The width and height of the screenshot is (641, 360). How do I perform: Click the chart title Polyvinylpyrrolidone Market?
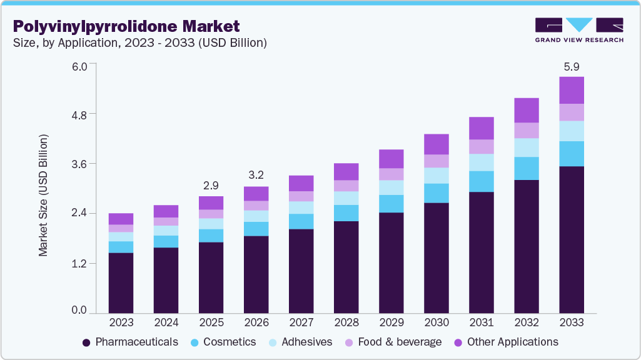click(x=126, y=26)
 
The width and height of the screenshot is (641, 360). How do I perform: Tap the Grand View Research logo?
click(x=578, y=29)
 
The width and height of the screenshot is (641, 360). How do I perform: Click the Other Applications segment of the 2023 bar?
click(x=121, y=219)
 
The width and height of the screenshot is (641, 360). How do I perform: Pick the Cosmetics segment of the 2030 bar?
click(x=437, y=193)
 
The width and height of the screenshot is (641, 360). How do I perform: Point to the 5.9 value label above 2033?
click(x=572, y=66)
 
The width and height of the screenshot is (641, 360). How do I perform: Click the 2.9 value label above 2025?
click(x=211, y=186)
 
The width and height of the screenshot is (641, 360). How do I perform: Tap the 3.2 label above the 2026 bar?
click(x=256, y=176)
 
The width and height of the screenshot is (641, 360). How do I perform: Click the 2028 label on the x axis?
click(x=346, y=323)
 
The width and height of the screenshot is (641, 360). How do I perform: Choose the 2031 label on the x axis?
click(x=482, y=323)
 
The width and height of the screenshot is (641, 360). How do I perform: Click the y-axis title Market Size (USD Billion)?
click(x=44, y=194)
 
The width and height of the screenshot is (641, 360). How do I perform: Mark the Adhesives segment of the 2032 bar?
click(x=527, y=147)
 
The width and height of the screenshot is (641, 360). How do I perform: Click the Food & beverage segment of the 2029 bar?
click(x=391, y=174)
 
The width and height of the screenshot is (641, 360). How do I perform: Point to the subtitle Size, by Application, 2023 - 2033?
click(x=140, y=43)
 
